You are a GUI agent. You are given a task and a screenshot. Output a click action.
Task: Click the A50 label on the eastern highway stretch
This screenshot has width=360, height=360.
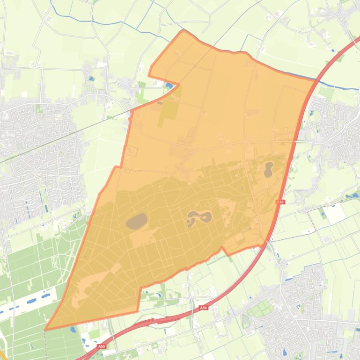coord(280,202)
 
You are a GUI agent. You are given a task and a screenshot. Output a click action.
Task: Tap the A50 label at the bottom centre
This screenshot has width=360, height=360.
coord(203,308)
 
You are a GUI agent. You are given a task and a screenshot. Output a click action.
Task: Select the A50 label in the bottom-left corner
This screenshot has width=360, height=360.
coord(102,346)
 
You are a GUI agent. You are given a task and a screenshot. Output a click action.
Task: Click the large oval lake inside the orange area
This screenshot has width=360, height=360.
coord(137,220)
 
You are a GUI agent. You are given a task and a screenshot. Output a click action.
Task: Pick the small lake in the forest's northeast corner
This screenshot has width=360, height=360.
coord(269,169)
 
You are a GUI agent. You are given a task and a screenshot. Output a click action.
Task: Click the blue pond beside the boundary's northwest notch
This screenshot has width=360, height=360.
coord(169,85)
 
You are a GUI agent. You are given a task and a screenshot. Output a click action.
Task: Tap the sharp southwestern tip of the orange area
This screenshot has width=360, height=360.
coord(45,330)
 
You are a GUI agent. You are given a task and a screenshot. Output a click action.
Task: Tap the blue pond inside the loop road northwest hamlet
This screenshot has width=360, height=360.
coord(91,79)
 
